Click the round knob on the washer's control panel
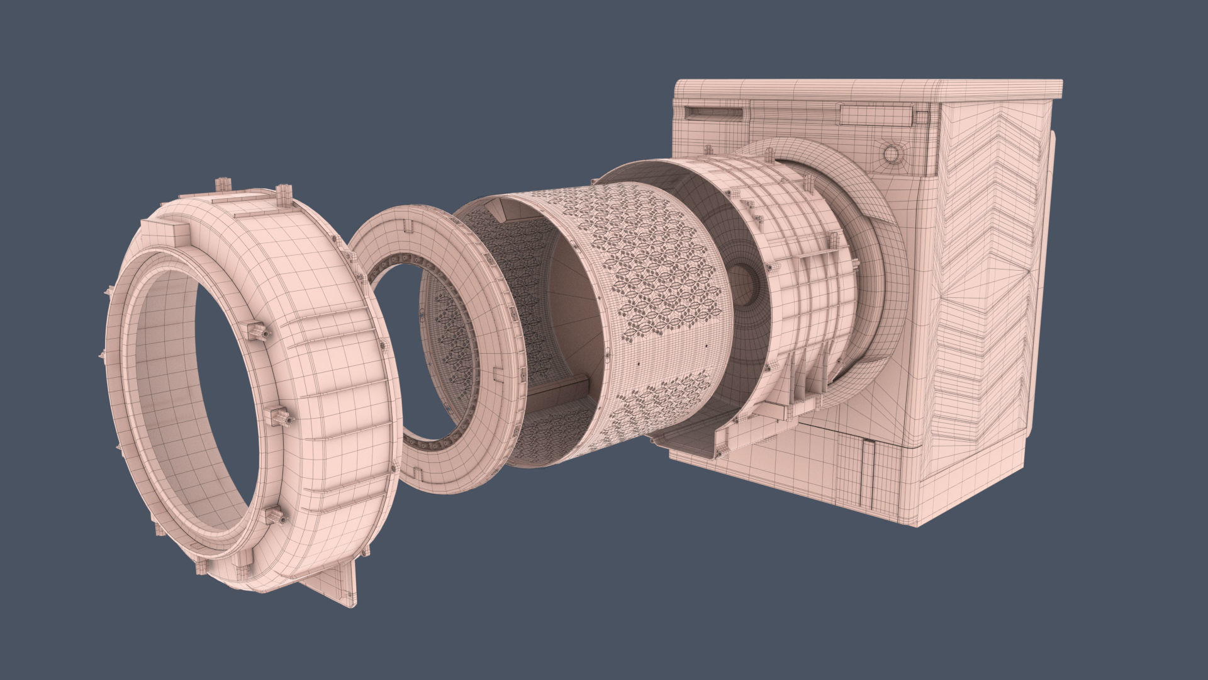pos(891,153)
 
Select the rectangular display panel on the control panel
pos(874,115)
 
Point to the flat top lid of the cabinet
pos(868,88)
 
